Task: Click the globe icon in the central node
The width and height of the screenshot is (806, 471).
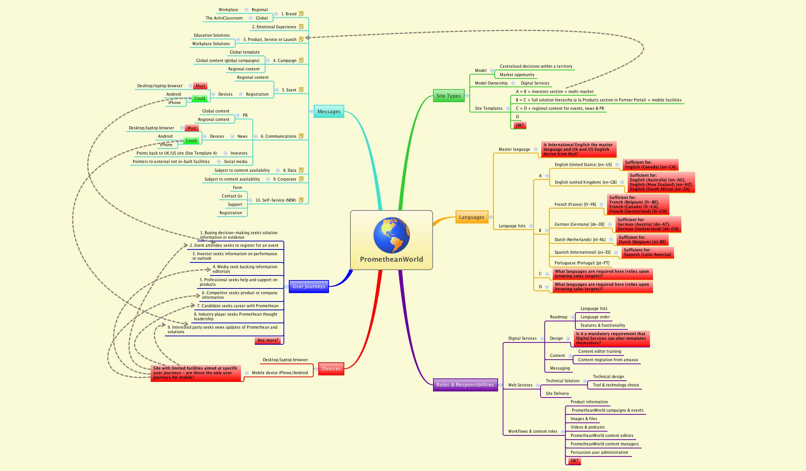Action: point(391,235)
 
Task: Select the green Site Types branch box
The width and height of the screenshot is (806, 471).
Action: point(448,96)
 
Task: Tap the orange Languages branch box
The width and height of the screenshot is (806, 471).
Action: point(471,217)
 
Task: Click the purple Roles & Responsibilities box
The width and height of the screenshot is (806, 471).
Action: point(465,385)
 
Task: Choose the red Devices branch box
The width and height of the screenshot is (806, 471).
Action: point(331,368)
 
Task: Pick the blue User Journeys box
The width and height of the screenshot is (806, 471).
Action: point(308,286)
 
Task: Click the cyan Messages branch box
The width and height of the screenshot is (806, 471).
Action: point(329,111)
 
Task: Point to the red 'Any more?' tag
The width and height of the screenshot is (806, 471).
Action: point(268,340)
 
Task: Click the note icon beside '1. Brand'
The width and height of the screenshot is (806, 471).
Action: point(301,14)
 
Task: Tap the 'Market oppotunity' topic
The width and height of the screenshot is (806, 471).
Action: point(517,75)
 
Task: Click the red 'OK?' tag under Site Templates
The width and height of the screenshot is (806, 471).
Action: point(519,125)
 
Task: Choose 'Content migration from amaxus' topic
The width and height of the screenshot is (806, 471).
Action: point(608,360)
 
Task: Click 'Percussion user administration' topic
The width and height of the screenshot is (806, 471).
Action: point(599,452)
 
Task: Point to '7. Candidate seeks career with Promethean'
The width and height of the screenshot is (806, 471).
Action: point(238,306)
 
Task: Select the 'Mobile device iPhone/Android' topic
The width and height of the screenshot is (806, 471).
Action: point(280,373)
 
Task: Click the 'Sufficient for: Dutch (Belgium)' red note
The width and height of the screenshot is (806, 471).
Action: point(642,240)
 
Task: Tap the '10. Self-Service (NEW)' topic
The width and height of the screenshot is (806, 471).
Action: point(275,200)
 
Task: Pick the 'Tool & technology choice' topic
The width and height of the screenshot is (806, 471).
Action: point(615,385)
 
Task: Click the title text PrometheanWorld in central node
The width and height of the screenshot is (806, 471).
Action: point(391,259)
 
